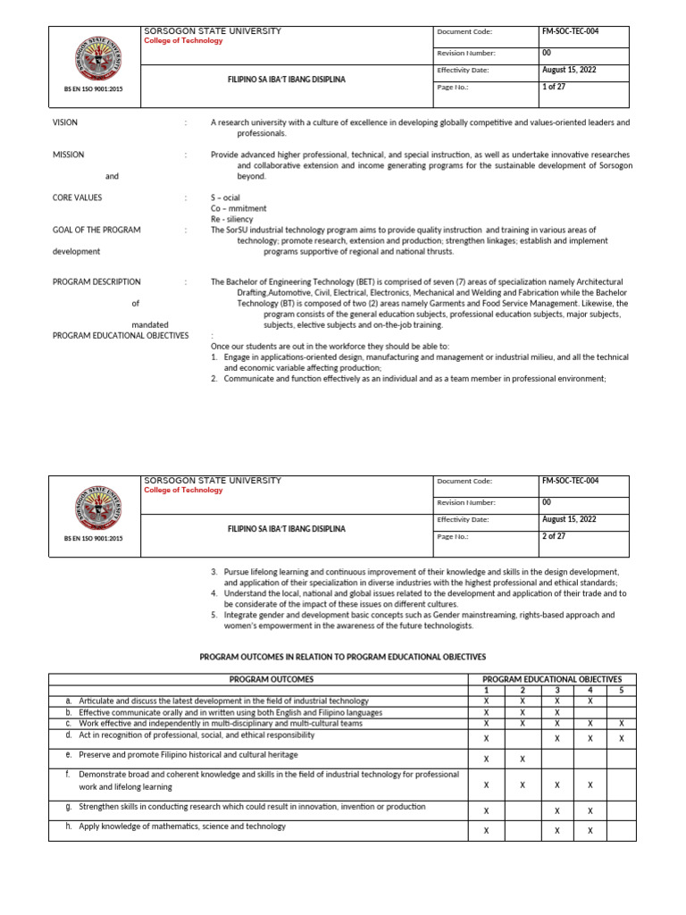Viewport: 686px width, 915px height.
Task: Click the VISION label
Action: [x=65, y=122]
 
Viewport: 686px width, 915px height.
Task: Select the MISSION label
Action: [x=68, y=155]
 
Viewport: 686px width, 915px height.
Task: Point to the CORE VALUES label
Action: [x=77, y=197]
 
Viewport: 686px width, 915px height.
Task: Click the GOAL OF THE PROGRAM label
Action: [x=96, y=230]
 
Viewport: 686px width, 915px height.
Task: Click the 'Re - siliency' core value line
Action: [x=231, y=219]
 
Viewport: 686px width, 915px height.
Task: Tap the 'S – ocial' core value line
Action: [x=225, y=197]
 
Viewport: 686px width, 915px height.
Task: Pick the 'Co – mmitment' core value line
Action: [x=238, y=208]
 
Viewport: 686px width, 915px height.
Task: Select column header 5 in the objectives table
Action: [x=621, y=690]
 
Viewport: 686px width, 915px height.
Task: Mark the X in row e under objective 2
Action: [x=523, y=760]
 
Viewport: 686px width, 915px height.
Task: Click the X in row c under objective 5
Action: [x=621, y=724]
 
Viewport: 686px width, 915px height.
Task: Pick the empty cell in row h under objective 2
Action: [x=523, y=831]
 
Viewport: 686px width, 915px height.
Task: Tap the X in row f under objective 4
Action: [x=590, y=785]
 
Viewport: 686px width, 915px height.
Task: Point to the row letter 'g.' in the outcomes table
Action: [x=68, y=807]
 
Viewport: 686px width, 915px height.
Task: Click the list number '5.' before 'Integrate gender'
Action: [x=214, y=615]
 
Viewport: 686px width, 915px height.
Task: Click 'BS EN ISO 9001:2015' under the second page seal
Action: [x=94, y=539]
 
